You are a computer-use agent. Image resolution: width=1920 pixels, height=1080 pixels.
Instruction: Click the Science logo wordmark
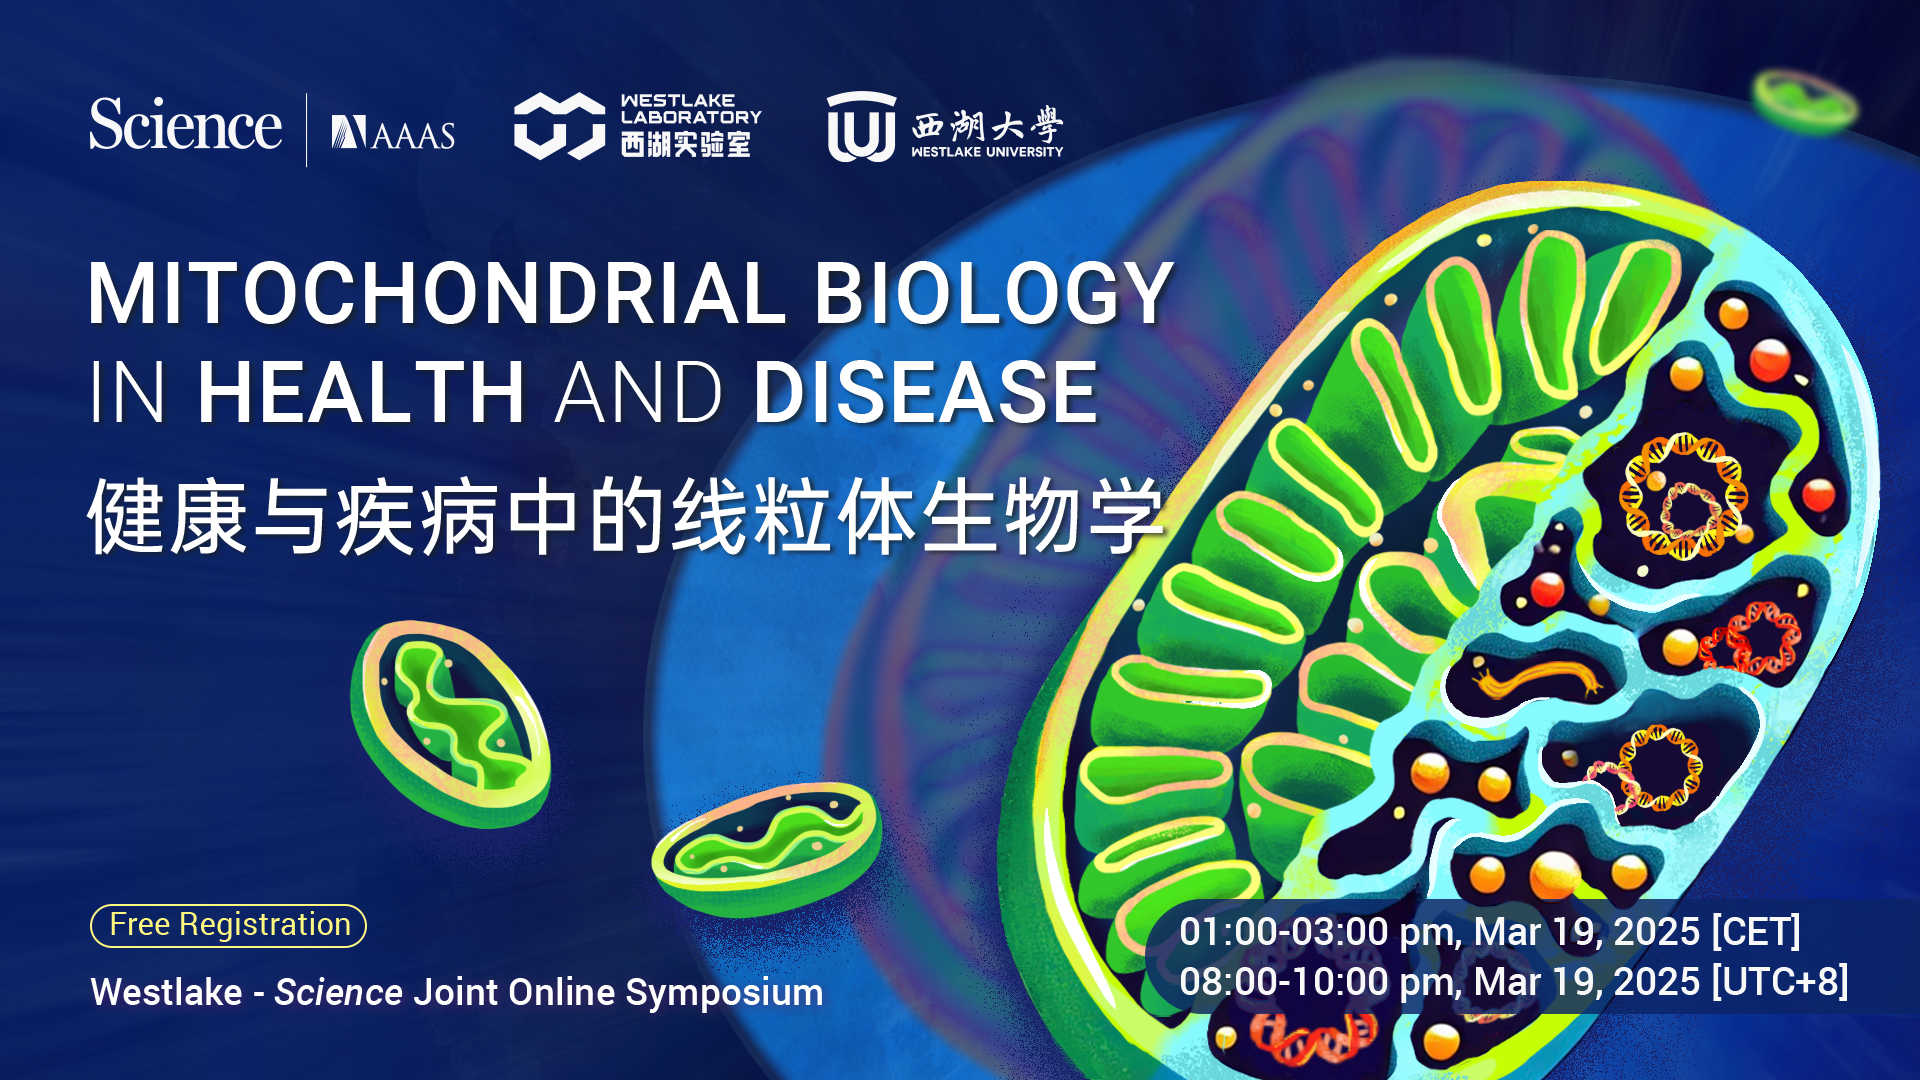coord(185,125)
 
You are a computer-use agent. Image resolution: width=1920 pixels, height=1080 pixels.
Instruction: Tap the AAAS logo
coord(393,133)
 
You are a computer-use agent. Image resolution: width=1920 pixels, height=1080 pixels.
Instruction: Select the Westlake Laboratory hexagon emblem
coord(559,126)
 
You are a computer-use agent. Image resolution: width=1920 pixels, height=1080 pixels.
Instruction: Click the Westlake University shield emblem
coord(861,126)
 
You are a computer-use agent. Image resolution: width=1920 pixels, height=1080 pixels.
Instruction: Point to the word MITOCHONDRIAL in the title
coord(437,294)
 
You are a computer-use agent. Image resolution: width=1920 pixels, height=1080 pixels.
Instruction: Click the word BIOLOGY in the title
coord(994,294)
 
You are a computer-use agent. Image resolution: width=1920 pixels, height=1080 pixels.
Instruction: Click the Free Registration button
coord(229,925)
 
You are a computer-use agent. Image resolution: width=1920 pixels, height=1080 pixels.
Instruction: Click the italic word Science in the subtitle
coord(339,992)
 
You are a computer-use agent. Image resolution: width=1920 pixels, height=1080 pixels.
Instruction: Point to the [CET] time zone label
coord(1756,932)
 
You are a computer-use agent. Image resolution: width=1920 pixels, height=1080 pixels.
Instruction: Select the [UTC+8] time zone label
coord(1780,982)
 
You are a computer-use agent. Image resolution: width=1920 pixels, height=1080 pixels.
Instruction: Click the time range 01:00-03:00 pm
coord(1321,932)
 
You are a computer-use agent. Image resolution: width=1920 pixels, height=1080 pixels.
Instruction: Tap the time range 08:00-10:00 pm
coord(1321,982)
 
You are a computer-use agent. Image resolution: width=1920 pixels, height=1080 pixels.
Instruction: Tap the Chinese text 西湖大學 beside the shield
coord(987,125)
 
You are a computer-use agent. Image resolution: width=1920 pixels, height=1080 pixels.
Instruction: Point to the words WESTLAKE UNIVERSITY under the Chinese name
coord(987,152)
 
